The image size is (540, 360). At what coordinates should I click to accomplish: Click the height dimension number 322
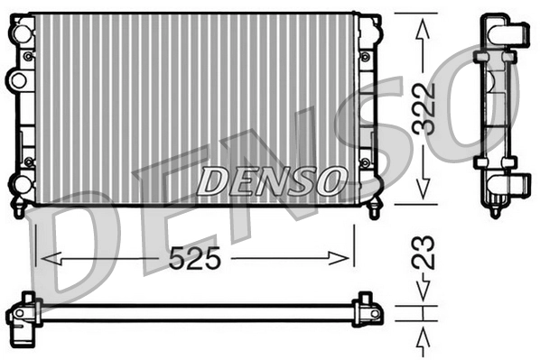425,109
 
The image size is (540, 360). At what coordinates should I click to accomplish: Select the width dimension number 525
196,260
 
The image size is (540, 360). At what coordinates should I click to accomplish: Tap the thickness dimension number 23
425,254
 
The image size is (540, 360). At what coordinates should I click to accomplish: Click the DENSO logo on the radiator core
270,180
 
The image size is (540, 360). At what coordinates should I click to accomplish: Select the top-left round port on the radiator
17,32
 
